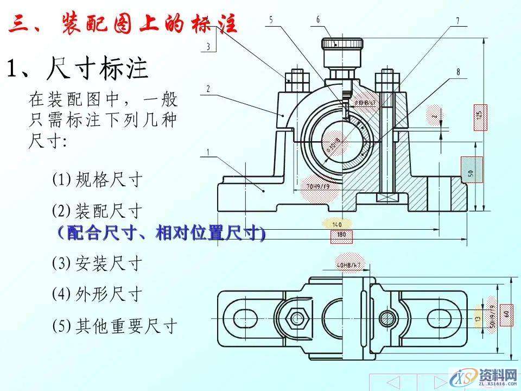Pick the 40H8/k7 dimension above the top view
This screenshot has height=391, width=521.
tap(349, 265)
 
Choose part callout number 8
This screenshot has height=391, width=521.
tap(459, 71)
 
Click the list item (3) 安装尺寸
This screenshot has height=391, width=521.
tap(97, 264)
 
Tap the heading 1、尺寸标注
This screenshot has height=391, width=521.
tap(77, 69)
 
